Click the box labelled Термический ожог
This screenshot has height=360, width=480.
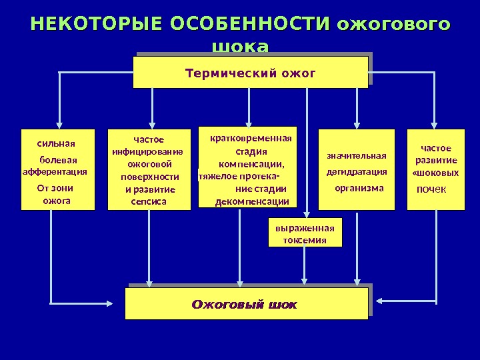[x=250, y=72]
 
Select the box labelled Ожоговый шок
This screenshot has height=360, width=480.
[x=246, y=304]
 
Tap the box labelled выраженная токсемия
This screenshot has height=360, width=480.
[x=305, y=233]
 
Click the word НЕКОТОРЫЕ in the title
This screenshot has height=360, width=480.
[x=97, y=25]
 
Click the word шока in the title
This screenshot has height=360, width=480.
[x=240, y=47]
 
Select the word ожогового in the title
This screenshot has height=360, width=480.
[x=393, y=25]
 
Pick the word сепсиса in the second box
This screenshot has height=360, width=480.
[x=149, y=201]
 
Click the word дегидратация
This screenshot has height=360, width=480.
[x=356, y=172]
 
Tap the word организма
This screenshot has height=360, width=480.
[x=359, y=188]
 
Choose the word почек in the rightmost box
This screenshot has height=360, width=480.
[x=431, y=190]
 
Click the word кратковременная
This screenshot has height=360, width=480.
[x=251, y=139]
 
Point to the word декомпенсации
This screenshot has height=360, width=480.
[x=252, y=202]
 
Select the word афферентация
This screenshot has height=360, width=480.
[x=55, y=171]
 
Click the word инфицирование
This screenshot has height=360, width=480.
[x=147, y=152]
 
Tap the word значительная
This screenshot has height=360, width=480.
[x=356, y=156]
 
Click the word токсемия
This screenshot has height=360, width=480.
[x=305, y=240]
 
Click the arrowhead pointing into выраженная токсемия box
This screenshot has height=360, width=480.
[x=307, y=214]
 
